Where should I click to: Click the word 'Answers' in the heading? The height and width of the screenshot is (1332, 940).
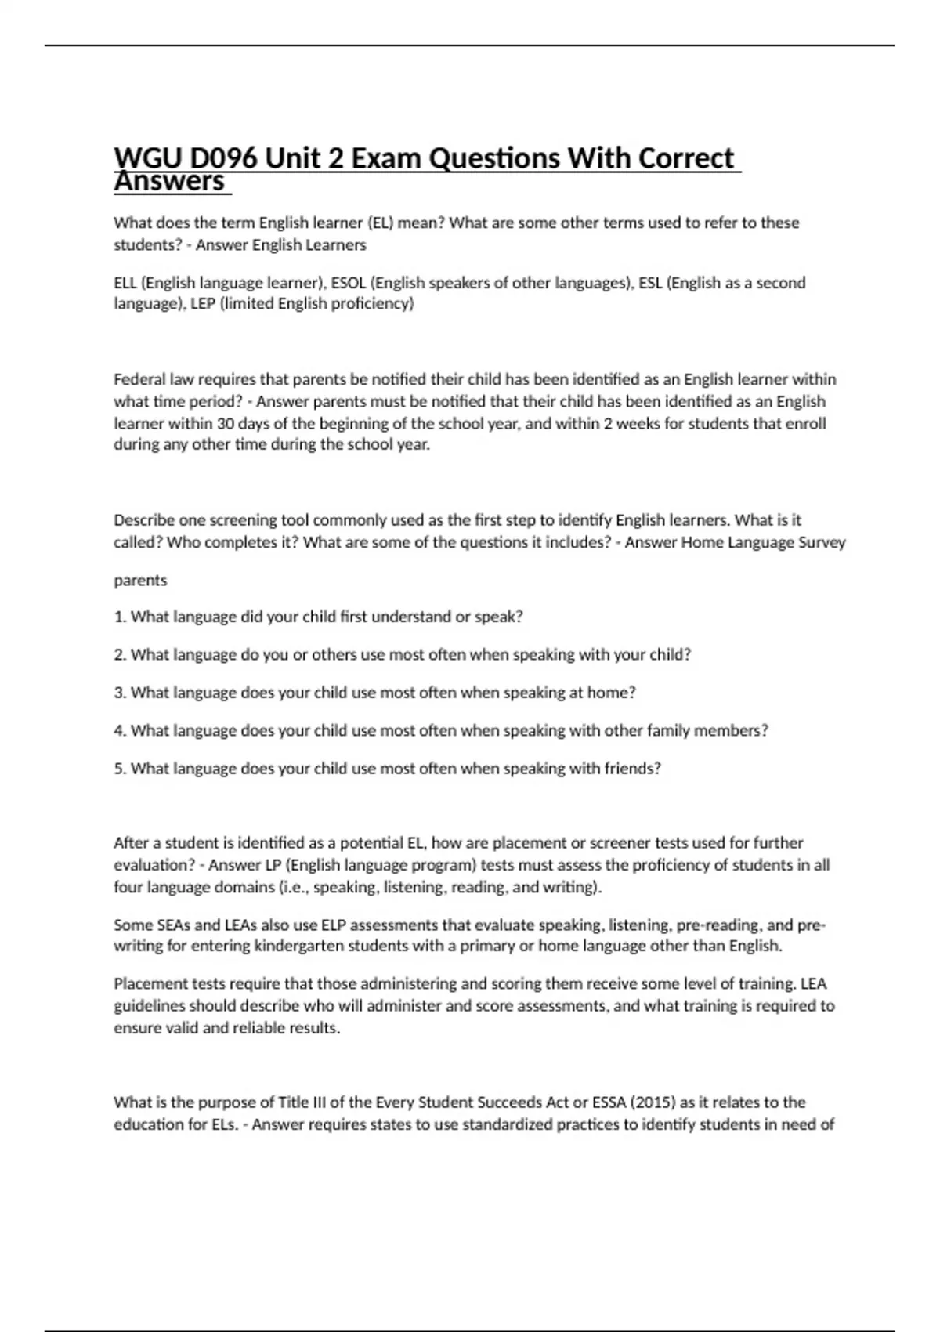169,182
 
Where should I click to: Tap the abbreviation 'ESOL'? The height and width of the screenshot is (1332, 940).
349,283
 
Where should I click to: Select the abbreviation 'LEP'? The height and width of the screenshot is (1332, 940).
202,304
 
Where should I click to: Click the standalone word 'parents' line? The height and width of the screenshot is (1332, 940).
140,581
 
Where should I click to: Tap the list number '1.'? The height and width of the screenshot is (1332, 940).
120,617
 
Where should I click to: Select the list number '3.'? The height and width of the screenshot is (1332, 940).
120,693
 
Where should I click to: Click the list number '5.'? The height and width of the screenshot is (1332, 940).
120,769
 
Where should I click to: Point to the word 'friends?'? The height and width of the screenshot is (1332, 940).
632,769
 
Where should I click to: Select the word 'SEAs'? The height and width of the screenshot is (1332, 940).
168,925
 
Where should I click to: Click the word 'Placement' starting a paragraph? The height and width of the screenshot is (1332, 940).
146,984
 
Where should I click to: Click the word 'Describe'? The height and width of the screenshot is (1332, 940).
144,520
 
